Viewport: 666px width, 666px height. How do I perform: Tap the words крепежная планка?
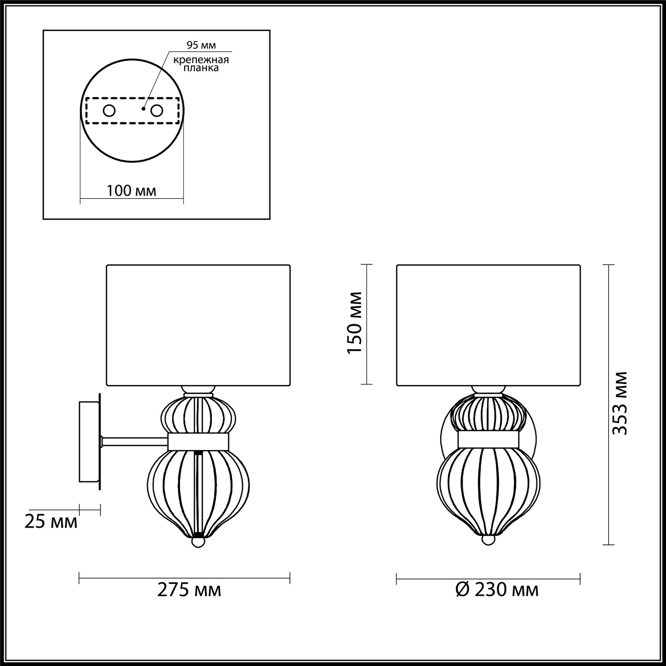tap(202, 64)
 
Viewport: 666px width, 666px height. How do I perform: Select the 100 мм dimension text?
tap(131, 190)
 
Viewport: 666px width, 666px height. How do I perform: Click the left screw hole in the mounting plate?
tap(109, 110)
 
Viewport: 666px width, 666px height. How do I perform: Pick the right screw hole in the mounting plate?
tap(157, 110)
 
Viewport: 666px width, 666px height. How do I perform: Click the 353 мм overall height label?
tap(619, 404)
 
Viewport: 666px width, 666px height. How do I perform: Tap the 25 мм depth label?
tap(51, 521)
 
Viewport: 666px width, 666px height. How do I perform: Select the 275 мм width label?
tap(189, 590)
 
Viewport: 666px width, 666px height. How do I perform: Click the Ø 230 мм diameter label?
tap(496, 590)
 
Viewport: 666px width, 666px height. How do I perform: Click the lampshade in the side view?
tap(198, 325)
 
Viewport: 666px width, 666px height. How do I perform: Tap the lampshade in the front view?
tap(488, 325)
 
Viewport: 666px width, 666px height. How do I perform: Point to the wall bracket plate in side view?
tap(89, 442)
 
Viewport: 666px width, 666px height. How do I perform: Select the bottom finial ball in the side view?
tap(198, 542)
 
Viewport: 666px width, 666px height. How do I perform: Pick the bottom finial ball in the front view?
tap(488, 540)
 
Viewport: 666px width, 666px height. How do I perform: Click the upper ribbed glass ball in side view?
tap(198, 415)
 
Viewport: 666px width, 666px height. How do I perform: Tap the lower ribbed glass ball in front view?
tap(488, 489)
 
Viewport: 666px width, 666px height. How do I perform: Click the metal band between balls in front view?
tap(488, 439)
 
